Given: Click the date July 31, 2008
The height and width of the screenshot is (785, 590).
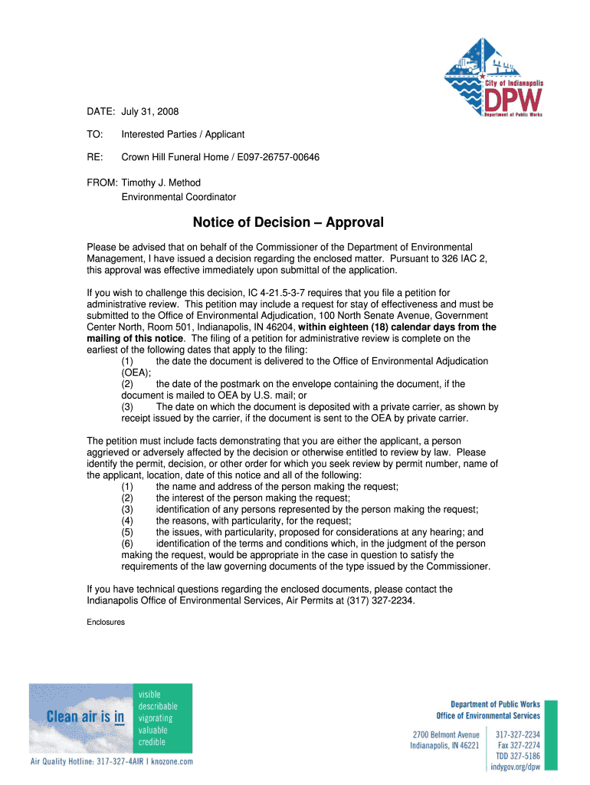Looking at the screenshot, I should [x=150, y=112].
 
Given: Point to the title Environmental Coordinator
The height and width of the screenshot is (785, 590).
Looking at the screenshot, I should [x=179, y=197].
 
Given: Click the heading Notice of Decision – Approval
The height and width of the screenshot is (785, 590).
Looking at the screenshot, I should [x=288, y=223].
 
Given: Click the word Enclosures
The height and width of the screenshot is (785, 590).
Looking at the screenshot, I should [x=106, y=622].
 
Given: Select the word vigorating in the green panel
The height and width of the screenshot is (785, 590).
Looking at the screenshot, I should [x=156, y=718].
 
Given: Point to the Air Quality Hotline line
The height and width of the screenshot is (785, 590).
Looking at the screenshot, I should [x=111, y=761].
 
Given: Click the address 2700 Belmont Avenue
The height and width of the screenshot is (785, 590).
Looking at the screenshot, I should [x=446, y=734].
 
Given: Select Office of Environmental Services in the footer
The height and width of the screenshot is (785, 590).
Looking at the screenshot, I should [x=488, y=715].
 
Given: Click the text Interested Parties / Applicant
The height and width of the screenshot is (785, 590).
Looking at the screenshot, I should [x=183, y=134].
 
